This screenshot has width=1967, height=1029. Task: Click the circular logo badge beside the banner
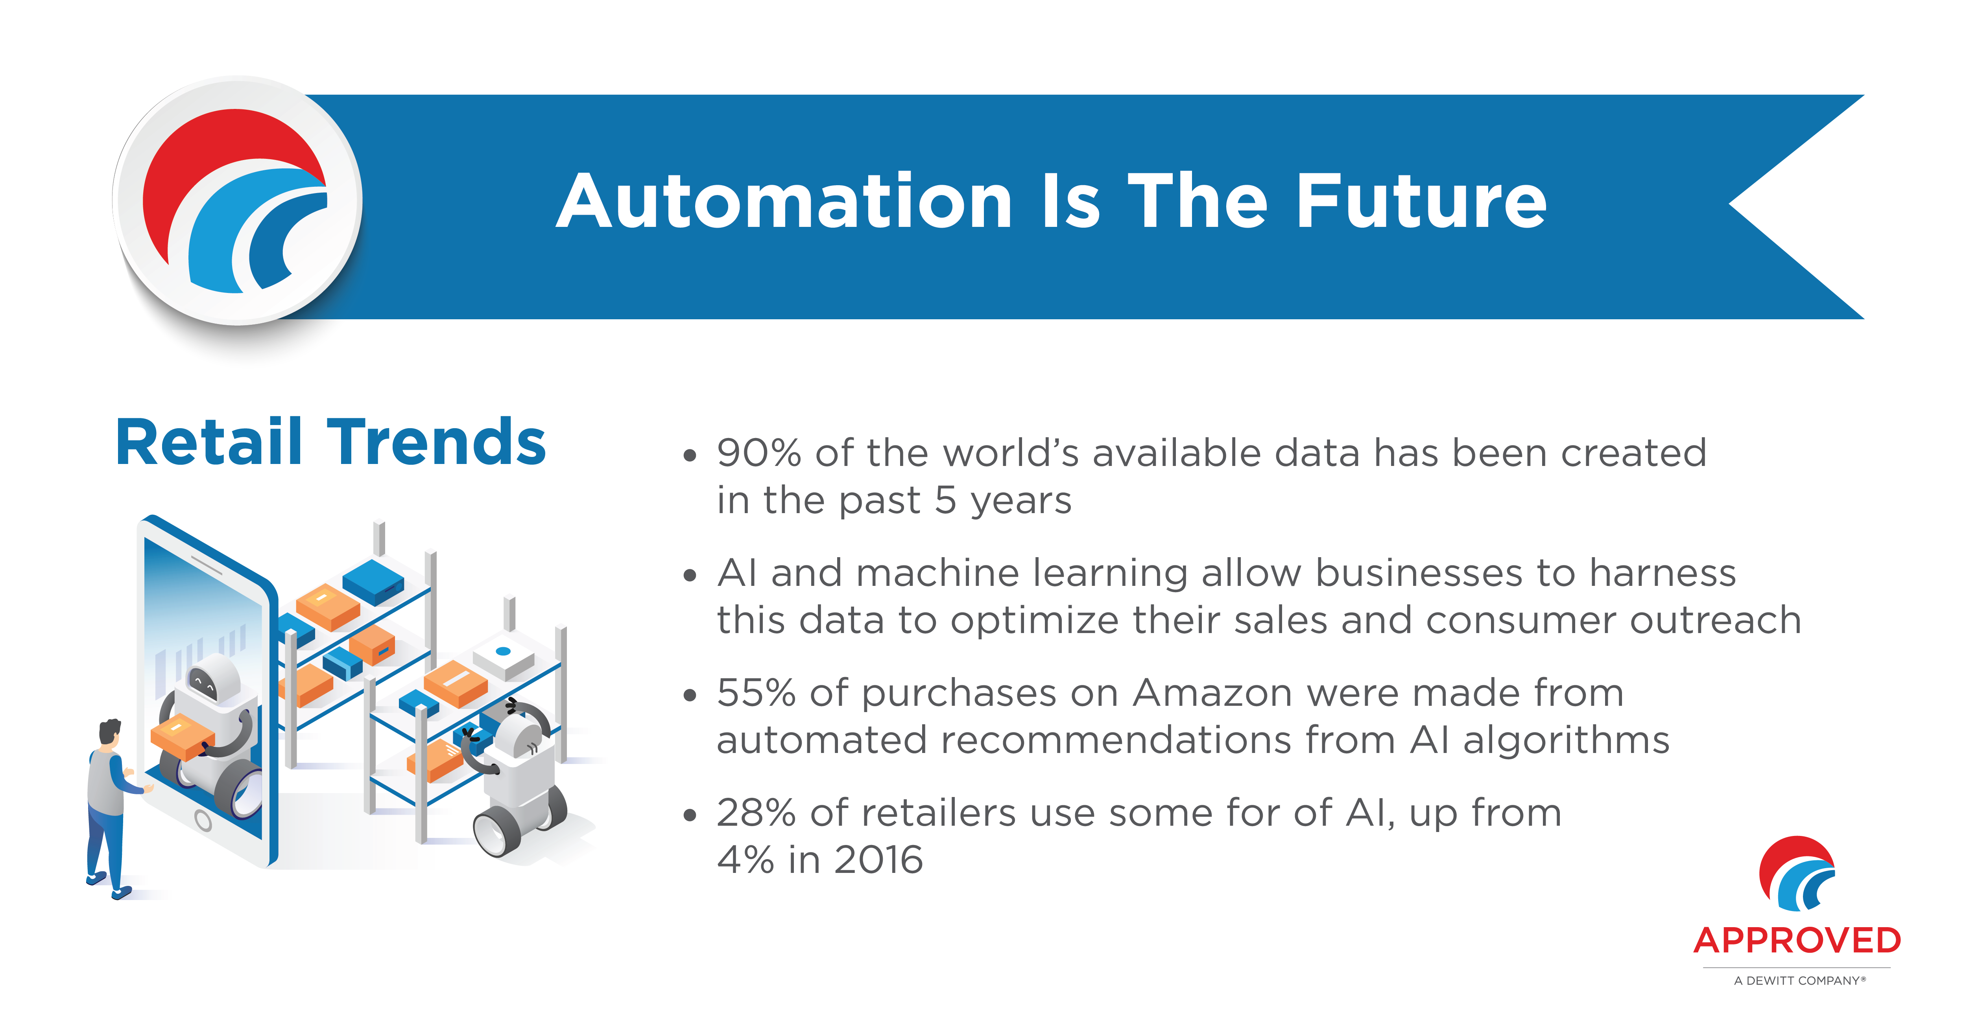tap(238, 201)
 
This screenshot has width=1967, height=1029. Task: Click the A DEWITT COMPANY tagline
tap(1799, 981)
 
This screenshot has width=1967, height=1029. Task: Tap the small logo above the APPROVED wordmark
tap(1797, 874)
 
